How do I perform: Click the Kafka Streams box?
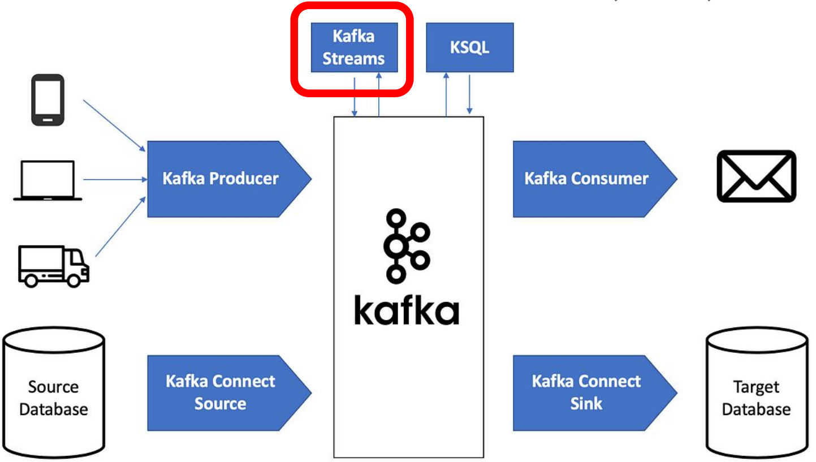tap(354, 48)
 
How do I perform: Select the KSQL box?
tap(469, 48)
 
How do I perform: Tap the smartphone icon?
tap(47, 100)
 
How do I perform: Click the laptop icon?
tap(48, 180)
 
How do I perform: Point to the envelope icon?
tap(756, 176)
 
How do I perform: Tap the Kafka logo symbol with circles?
tap(405, 245)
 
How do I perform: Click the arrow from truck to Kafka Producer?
tap(119, 228)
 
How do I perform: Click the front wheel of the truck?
tap(73, 278)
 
